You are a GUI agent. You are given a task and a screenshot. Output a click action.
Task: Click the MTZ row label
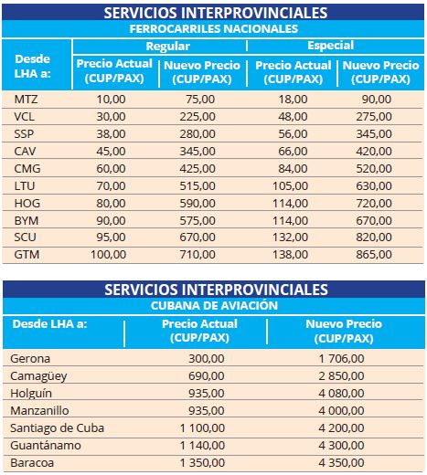coord(26,100)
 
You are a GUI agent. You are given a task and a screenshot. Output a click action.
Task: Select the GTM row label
coord(27,255)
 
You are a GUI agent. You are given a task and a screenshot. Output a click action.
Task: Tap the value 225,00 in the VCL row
coord(197,117)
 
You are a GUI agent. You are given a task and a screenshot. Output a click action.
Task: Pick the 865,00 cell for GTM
coord(374,255)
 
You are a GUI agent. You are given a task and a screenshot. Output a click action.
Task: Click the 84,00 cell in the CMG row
coord(293,169)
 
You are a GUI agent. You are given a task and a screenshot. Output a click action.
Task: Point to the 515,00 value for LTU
coord(197,186)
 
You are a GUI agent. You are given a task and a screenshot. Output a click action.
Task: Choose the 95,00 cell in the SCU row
coord(111,237)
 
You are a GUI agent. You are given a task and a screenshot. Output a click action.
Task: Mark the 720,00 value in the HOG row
coord(374,204)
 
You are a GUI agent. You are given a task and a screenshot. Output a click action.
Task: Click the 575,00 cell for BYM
coord(197,221)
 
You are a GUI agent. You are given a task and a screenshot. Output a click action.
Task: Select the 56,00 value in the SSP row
coord(293,134)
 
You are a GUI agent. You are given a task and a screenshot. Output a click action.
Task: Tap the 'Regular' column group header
coord(168,47)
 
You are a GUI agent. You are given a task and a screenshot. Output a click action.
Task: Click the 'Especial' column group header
coord(331,46)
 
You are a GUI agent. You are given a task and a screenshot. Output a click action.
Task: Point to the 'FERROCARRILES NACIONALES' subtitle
coord(214,29)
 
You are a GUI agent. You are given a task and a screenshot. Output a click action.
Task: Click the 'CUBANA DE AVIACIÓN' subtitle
coord(214,305)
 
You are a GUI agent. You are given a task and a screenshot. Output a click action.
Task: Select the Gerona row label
coord(30,359)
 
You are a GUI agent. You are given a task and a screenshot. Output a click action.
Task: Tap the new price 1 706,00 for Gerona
coord(341,359)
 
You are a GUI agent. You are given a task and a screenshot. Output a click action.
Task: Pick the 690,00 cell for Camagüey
coord(207,376)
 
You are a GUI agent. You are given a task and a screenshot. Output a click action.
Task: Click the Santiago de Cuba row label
coord(58,428)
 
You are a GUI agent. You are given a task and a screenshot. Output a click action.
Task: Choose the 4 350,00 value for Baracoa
coord(341,463)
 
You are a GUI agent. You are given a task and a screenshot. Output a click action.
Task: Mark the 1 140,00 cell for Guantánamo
coord(202,446)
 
